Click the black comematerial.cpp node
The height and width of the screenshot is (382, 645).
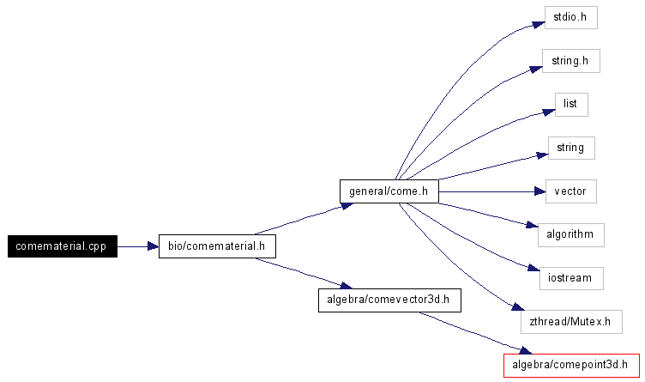(x=62, y=246)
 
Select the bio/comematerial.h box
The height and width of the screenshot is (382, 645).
(x=217, y=246)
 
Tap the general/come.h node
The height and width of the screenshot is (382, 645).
(x=389, y=191)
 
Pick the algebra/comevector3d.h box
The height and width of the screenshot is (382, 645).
(x=389, y=300)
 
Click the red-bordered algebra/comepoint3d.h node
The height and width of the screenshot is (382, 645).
(x=571, y=365)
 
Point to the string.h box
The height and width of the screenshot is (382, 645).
(x=570, y=61)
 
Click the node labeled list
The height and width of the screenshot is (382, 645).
(x=570, y=104)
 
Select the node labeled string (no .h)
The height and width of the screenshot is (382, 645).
(x=570, y=148)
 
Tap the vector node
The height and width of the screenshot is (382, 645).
(x=570, y=191)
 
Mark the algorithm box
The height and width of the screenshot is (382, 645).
(x=570, y=234)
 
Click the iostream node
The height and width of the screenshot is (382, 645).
(x=570, y=278)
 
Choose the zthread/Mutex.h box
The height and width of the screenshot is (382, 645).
(x=570, y=322)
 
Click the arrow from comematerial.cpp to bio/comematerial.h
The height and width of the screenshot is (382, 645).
(x=137, y=246)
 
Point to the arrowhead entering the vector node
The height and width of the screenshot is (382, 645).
(x=540, y=191)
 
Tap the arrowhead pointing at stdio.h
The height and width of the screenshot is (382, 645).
(x=540, y=22)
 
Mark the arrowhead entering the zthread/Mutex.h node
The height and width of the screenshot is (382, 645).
(x=516, y=308)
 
